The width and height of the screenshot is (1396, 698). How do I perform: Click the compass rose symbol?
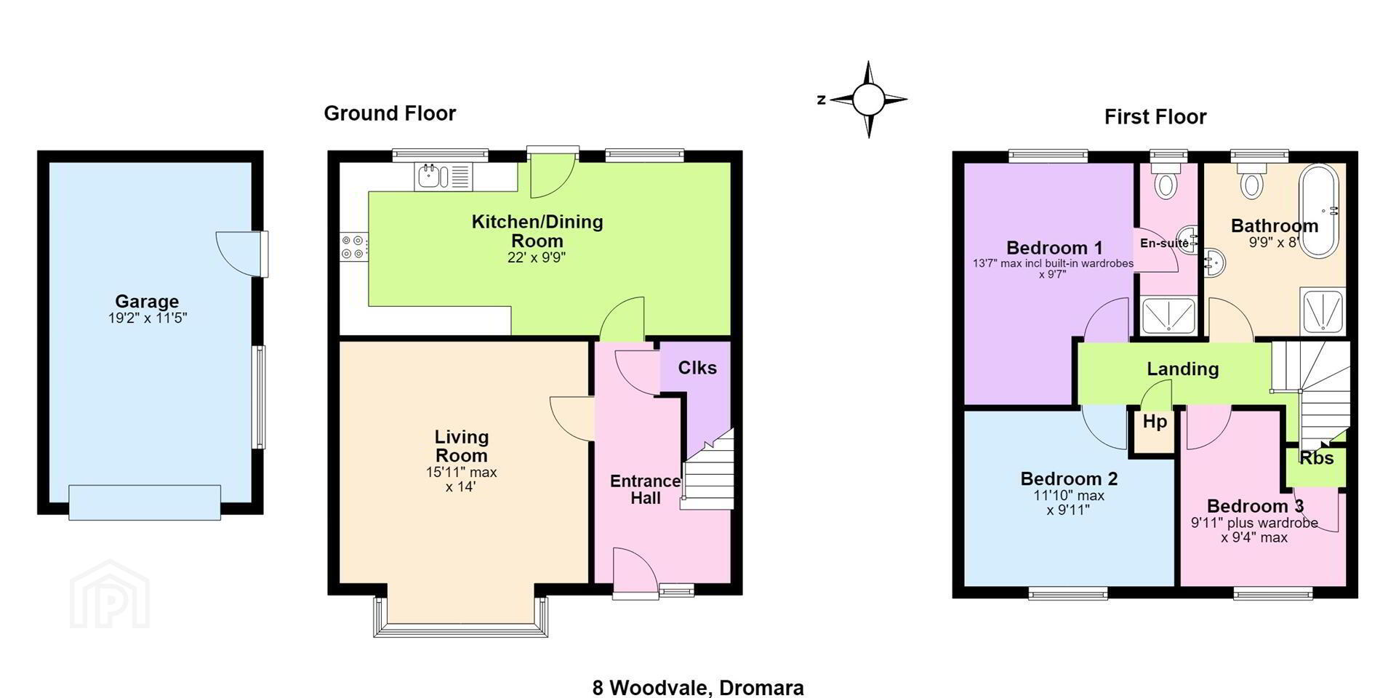coord(868,100)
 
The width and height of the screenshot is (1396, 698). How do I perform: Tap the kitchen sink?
coord(444,177)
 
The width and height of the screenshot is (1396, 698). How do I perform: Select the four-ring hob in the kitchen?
coord(354,247)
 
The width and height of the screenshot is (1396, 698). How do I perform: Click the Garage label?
coord(147,301)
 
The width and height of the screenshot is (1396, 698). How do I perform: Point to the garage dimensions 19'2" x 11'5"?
coord(148,318)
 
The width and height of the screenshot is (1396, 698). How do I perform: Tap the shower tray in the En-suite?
coord(1168,315)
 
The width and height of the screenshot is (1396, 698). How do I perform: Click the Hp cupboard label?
coord(1155,422)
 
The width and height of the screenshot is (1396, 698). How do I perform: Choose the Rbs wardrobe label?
coord(1317,458)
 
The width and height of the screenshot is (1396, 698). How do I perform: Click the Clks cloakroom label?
coord(697,368)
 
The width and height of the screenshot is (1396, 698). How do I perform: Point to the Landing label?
coord(1183,369)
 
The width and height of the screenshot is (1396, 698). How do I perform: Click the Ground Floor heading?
coord(390,113)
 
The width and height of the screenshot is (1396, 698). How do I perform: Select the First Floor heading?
coord(1155,116)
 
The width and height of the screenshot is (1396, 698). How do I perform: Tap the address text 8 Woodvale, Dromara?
coord(698,687)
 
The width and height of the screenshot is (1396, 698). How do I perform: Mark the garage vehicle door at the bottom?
coord(145,502)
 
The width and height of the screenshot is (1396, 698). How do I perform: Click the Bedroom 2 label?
coord(1069,479)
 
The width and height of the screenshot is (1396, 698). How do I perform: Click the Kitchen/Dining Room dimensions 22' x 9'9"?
coord(537,257)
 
